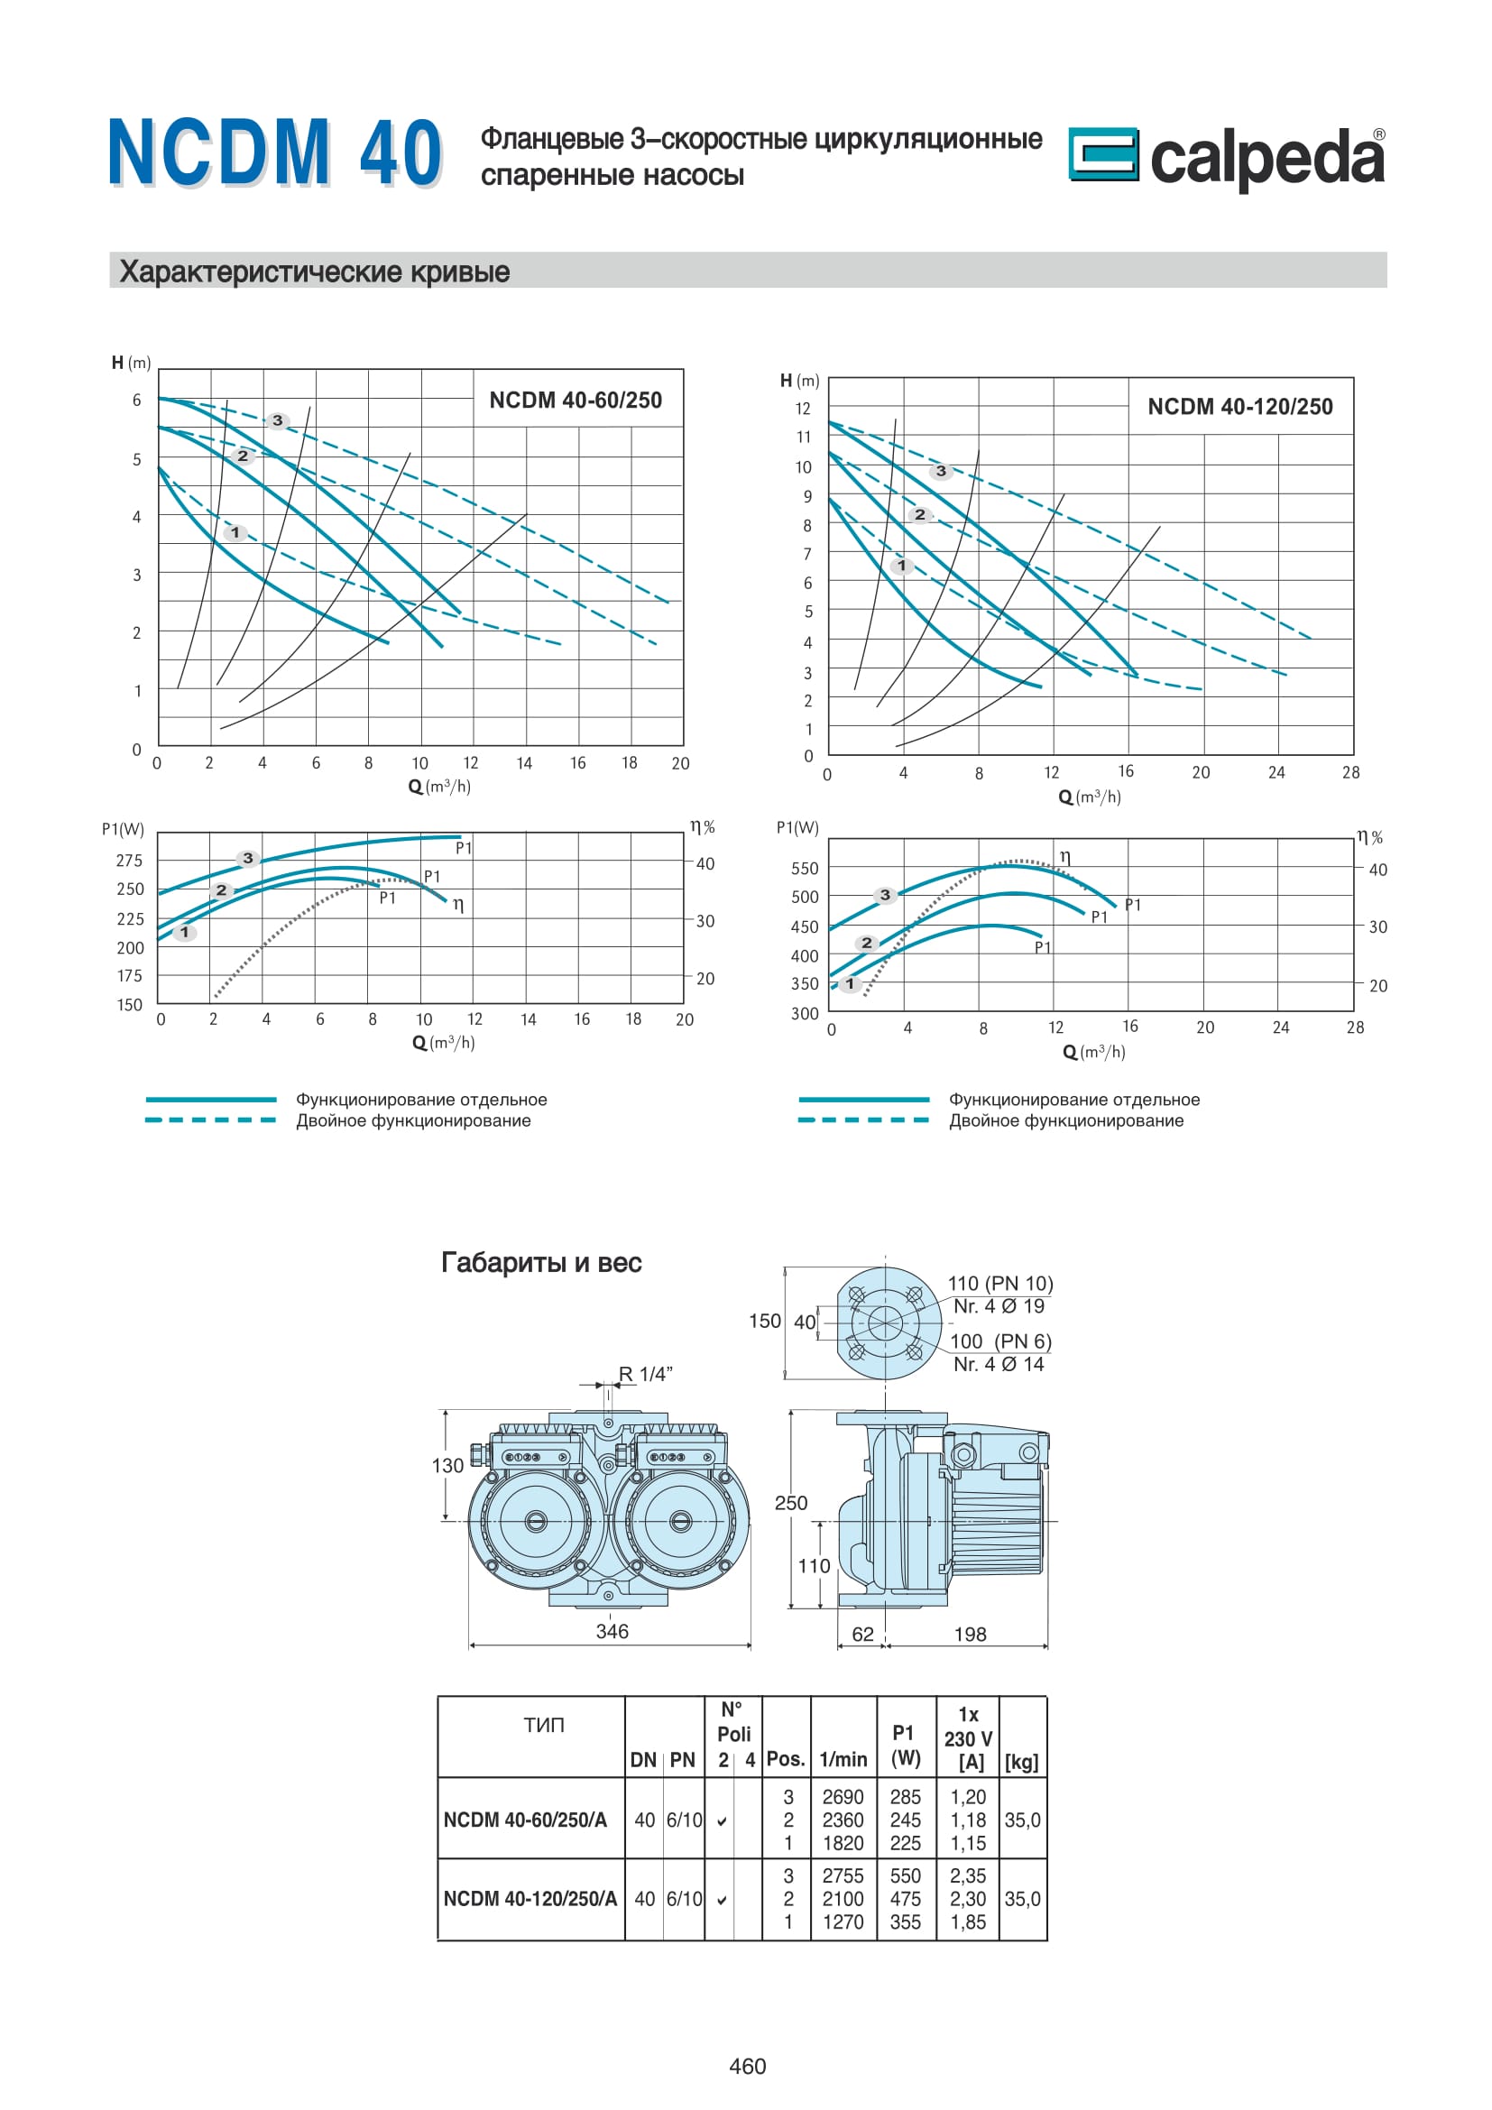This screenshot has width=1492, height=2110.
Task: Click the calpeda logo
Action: pyautogui.click(x=1228, y=157)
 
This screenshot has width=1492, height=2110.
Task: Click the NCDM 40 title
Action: pyautogui.click(x=276, y=152)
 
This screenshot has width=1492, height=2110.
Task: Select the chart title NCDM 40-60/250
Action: pyautogui.click(x=576, y=400)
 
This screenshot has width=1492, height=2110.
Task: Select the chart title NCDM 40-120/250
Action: pyautogui.click(x=1239, y=406)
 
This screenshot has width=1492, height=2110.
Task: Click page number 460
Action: pyautogui.click(x=747, y=2066)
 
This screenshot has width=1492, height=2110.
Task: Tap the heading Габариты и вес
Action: pyautogui.click(x=541, y=1262)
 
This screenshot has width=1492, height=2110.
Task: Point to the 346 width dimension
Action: pyautogui.click(x=612, y=1631)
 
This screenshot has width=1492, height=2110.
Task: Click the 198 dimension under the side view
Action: pyautogui.click(x=971, y=1634)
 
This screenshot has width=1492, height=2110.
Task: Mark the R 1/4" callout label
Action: pyautogui.click(x=645, y=1374)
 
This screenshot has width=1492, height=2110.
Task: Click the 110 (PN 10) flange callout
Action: pyautogui.click(x=1000, y=1283)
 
